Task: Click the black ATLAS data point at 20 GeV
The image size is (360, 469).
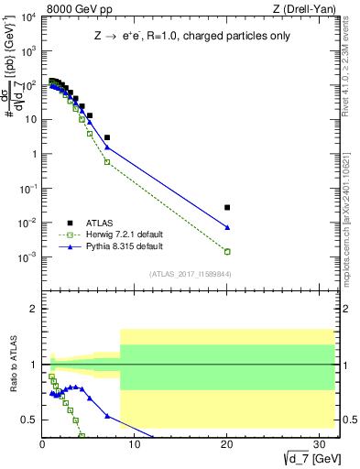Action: click(x=227, y=208)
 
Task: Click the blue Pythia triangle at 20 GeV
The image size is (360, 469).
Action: click(x=227, y=227)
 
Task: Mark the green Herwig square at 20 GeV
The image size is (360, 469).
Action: click(x=227, y=251)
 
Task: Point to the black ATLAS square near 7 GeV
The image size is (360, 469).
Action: click(x=107, y=137)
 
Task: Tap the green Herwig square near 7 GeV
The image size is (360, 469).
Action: click(x=107, y=162)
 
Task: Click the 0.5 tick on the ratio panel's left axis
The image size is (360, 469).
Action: click(x=29, y=420)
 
